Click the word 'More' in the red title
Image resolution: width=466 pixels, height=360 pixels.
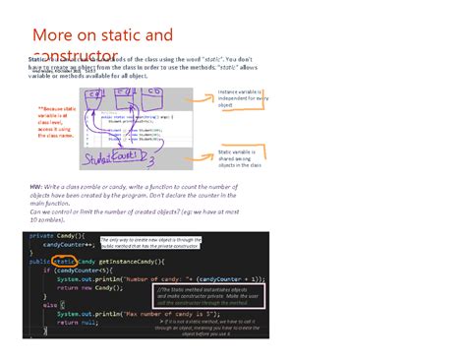coord(53,36)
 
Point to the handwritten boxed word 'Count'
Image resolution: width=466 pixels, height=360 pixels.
coord(131,154)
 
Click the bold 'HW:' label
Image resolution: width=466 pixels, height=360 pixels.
coord(36,184)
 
